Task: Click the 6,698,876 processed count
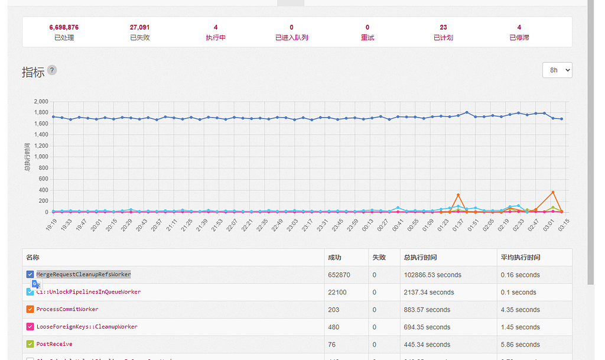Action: click(64, 27)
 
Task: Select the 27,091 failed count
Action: click(139, 27)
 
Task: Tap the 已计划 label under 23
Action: click(443, 38)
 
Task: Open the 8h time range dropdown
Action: click(557, 70)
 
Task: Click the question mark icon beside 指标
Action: click(52, 70)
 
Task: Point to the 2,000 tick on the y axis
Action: click(40, 102)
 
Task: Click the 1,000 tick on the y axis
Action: click(40, 157)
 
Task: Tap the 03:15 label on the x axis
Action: click(562, 225)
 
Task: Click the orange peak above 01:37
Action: click(458, 194)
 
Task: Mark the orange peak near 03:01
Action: click(553, 192)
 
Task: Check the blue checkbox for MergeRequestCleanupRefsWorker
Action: click(30, 274)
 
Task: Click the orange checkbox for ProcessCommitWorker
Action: click(30, 309)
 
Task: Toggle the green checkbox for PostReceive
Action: click(30, 344)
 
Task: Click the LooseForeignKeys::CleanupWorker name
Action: click(87, 327)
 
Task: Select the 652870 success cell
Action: click(339, 275)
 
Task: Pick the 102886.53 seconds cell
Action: click(432, 275)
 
